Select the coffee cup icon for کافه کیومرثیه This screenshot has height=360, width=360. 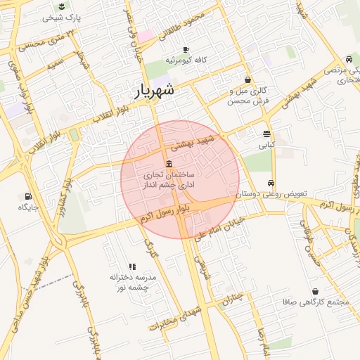[186, 49]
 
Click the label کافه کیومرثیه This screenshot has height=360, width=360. [185, 60]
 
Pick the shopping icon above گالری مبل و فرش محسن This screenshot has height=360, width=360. [247, 79]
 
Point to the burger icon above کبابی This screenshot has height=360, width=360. [266, 134]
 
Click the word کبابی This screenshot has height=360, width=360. [266, 145]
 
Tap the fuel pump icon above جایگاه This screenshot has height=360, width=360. [28, 196]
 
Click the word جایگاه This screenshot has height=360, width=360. [28, 208]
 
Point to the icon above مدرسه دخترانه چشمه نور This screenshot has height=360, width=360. [131, 266]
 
